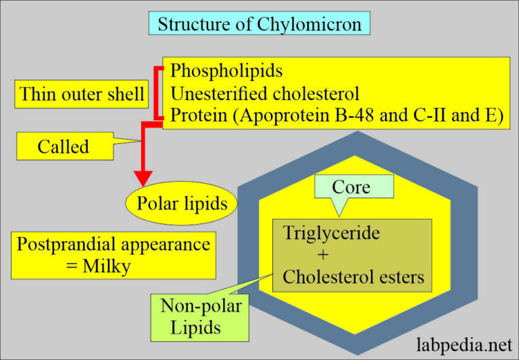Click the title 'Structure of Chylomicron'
[259, 24]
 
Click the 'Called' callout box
[63, 147]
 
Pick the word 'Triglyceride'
[331, 234]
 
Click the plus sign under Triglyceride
[322, 255]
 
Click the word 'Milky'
[106, 266]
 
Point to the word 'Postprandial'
[67, 244]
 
